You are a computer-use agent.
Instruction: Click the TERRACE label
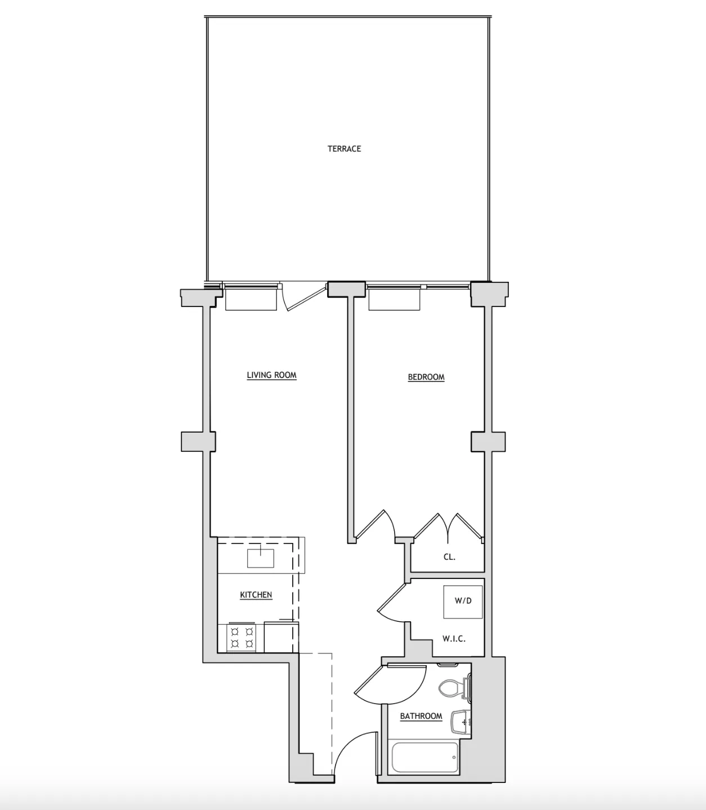344,149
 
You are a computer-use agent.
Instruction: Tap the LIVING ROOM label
271,375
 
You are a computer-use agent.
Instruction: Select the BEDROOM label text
426,377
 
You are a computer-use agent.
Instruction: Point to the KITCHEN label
256,595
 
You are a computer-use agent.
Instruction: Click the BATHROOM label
421,716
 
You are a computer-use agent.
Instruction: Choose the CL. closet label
449,557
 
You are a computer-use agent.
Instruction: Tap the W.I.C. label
454,639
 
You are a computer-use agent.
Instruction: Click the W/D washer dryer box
463,601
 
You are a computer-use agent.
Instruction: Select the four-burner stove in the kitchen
242,638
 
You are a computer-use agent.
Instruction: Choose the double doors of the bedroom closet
449,527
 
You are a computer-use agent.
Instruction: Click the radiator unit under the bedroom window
394,300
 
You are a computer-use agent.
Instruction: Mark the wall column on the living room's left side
198,442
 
